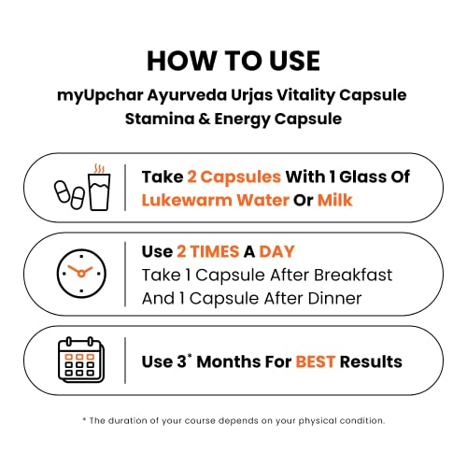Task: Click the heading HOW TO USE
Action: click(x=233, y=61)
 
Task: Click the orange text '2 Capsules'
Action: click(x=234, y=177)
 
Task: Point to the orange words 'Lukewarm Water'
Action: click(x=216, y=200)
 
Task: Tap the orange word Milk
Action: click(x=334, y=200)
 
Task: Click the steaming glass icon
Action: click(x=100, y=188)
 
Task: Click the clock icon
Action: click(x=81, y=274)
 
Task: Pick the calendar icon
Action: click(x=81, y=360)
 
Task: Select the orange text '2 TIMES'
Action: click(x=208, y=251)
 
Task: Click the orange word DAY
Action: click(x=276, y=251)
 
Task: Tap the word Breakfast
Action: click(x=353, y=275)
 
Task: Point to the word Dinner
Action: click(x=334, y=298)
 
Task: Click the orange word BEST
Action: click(x=316, y=361)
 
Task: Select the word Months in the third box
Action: click(x=228, y=361)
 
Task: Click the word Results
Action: click(x=371, y=361)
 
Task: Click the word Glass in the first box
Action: click(x=362, y=177)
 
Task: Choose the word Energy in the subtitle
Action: click(x=242, y=120)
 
